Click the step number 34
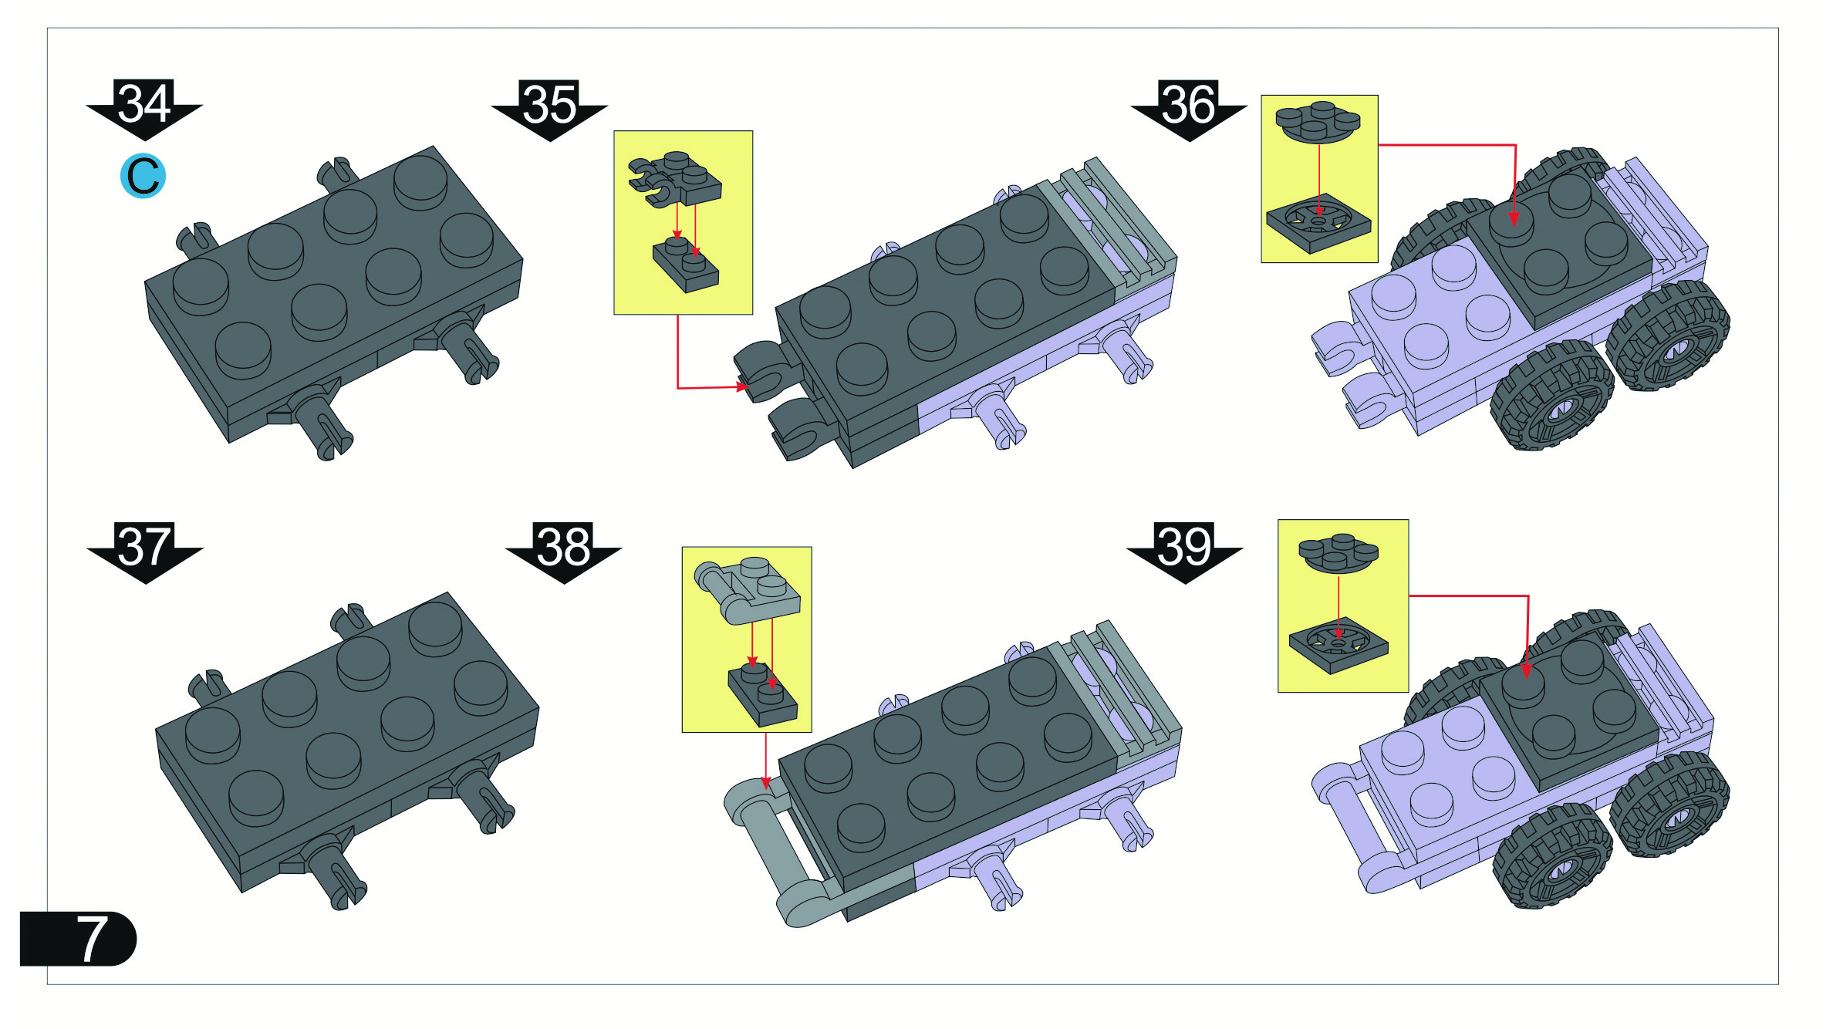click(144, 104)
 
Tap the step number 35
click(549, 104)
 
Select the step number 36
click(1189, 104)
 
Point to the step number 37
click(144, 546)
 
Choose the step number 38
click(563, 546)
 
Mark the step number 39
click(1184, 546)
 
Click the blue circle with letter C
click(143, 176)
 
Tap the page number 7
click(92, 939)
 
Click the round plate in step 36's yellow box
click(1318, 122)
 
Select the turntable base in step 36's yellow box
click(1318, 223)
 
